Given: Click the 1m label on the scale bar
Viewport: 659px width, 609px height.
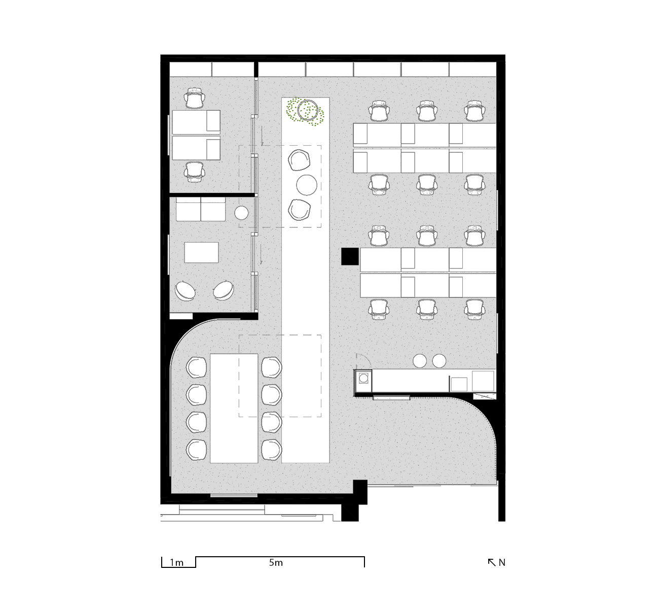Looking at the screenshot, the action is pos(176,562).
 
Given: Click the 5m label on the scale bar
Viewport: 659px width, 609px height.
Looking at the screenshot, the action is pos(276,562).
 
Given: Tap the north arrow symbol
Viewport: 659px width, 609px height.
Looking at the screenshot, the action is pos(491,562).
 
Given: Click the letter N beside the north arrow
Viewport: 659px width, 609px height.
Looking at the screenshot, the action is pos(502,562).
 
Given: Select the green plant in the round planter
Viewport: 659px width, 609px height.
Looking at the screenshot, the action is pos(306,112).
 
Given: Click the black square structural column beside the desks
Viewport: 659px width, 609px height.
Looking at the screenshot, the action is pos(350,256).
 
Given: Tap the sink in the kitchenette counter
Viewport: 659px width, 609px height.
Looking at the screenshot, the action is pos(363,378).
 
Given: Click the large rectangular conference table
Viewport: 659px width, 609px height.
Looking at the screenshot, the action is pos(234,409).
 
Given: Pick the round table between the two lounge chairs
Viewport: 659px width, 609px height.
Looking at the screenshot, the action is pos(307,185).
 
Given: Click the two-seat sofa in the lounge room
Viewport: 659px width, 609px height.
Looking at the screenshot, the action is pos(201,209).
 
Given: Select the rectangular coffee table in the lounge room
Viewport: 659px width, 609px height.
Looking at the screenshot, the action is pos(201,253).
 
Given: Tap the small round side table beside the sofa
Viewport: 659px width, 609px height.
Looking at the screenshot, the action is pos(241,213).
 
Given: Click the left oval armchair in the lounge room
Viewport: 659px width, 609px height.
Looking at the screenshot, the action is pos(185,290).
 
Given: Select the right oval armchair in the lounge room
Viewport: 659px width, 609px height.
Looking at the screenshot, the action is pos(224,290).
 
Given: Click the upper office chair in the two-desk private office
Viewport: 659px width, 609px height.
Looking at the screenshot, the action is pos(195,98).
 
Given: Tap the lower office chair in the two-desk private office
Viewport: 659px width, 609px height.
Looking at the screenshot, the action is pos(195,172).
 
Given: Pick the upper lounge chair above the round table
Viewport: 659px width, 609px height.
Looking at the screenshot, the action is pos(299,160).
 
